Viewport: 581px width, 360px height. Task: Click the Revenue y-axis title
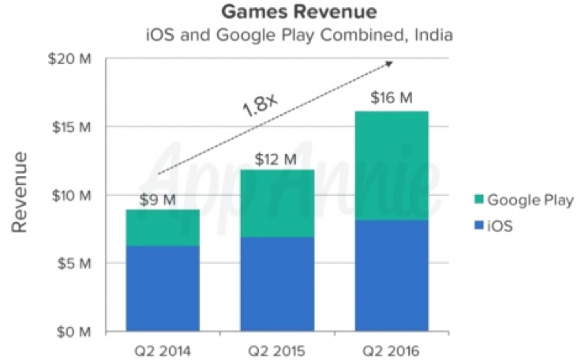point(21,194)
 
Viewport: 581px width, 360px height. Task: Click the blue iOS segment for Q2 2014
point(163,288)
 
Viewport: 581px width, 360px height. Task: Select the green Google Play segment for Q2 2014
point(163,227)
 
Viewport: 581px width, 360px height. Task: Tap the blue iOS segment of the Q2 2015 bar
point(276,283)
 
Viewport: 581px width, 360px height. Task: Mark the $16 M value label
point(392,99)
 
